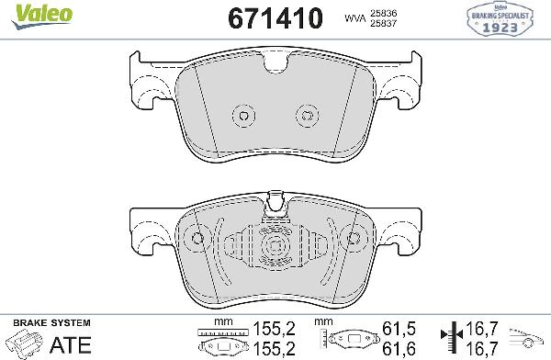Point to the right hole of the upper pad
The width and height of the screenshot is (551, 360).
click(307, 115)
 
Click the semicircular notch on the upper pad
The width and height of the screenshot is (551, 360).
click(275, 66)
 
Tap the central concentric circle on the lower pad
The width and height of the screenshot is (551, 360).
click(275, 247)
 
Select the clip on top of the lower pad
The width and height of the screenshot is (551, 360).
click(275, 205)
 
